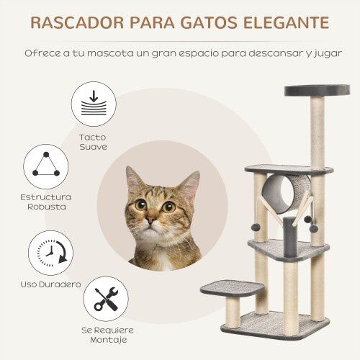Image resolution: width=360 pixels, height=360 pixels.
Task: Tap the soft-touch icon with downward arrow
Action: [94, 105]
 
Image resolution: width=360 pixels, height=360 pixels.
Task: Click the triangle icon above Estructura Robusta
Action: [46, 166]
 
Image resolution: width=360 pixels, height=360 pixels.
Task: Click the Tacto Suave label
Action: [94, 141]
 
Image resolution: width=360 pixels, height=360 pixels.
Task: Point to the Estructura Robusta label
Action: [46, 201]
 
